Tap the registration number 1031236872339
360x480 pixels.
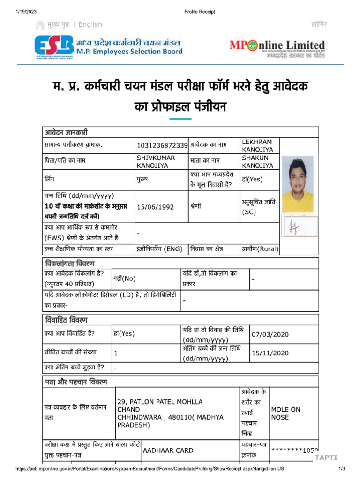(162, 145)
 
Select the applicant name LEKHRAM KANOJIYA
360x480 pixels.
(257, 145)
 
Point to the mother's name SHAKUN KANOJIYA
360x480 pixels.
(257, 161)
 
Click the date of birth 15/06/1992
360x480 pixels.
(155, 207)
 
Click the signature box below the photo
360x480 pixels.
(300, 226)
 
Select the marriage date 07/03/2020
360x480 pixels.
(270, 334)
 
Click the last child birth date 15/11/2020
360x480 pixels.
(270, 353)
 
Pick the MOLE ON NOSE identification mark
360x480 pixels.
(285, 413)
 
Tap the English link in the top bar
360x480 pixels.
(90, 24)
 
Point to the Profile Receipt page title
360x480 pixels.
(200, 12)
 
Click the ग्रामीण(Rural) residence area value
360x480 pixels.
(260, 249)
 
